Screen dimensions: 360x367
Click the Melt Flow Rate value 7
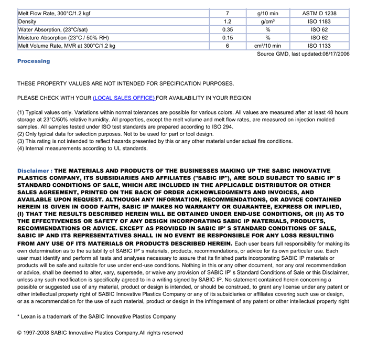(228, 13)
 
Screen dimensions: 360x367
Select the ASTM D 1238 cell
(319, 13)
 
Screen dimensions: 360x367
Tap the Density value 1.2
(228, 22)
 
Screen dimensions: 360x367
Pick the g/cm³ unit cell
(267, 22)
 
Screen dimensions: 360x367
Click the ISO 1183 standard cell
(319, 22)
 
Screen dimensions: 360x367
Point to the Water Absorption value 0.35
(228, 30)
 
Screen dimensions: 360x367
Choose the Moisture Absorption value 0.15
(228, 38)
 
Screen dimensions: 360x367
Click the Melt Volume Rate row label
(67, 46)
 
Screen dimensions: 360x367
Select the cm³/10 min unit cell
(267, 46)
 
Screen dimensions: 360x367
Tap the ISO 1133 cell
(319, 46)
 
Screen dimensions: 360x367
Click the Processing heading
(34, 61)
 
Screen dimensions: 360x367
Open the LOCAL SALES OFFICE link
(124, 98)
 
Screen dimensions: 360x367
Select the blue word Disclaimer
(33, 171)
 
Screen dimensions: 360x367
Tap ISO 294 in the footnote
(222, 127)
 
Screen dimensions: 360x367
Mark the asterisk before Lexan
(18, 316)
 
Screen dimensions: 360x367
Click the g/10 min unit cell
(267, 13)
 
